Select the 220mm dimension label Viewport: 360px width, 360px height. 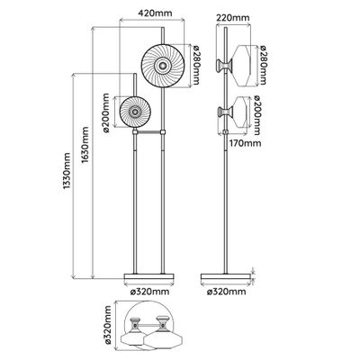tap(233, 18)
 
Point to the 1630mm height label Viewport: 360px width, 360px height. tap(85, 145)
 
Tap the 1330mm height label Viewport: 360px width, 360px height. tap(67, 171)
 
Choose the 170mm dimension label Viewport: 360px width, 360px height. tap(245, 143)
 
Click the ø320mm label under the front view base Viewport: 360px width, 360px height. tap(148, 292)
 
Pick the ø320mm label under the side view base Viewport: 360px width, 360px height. tap(226, 292)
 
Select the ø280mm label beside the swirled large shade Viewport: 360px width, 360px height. tap(196, 65)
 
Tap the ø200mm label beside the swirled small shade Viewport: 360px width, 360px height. tap(106, 112)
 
